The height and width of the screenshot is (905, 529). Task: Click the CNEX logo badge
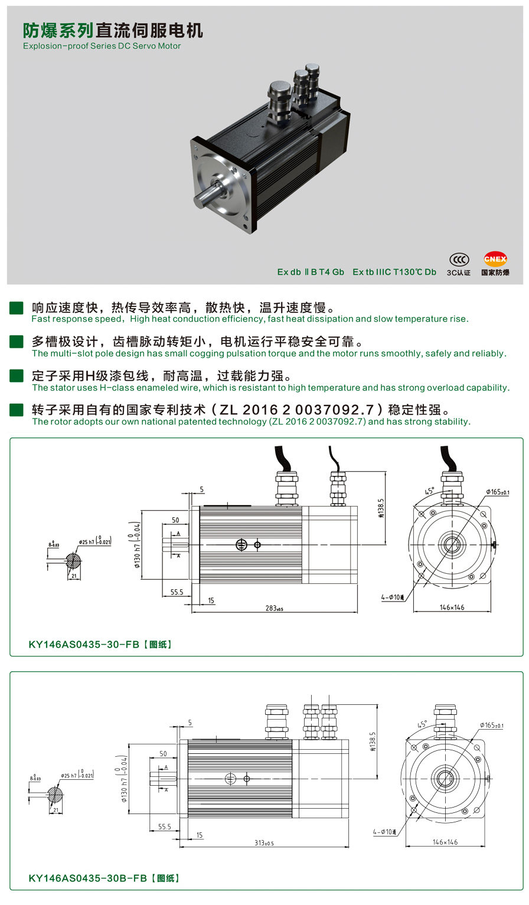click(x=495, y=259)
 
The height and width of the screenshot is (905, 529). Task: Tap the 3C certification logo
click(x=459, y=260)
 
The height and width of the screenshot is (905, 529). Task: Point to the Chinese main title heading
click(x=113, y=30)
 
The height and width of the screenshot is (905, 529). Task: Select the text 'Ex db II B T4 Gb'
click(x=311, y=272)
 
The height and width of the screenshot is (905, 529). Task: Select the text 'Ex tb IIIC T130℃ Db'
click(x=394, y=272)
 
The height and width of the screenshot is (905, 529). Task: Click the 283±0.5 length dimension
click(x=274, y=608)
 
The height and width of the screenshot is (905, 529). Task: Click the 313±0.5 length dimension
click(x=264, y=842)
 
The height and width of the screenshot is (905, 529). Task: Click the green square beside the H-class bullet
click(x=17, y=376)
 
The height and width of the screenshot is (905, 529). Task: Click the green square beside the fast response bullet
click(x=17, y=308)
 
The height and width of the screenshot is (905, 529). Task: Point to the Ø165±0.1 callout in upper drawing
click(x=498, y=492)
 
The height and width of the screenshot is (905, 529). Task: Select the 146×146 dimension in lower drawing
click(x=445, y=842)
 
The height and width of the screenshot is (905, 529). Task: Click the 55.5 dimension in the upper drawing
click(x=177, y=592)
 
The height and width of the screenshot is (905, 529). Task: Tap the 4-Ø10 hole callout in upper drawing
click(x=393, y=597)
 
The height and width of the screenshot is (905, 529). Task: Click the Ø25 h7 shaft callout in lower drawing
click(x=77, y=776)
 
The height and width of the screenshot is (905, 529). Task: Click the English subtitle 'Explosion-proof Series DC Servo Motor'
click(x=102, y=46)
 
